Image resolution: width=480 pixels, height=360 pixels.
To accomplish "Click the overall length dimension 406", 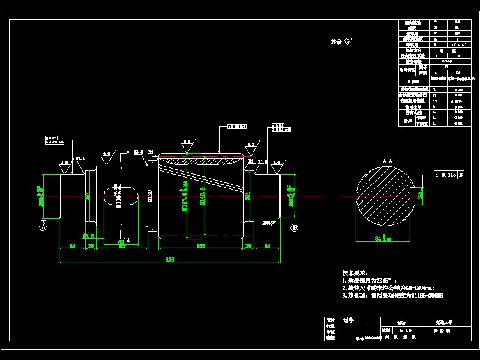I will coord(170,260).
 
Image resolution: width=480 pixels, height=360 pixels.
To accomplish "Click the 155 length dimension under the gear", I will coord(200,245).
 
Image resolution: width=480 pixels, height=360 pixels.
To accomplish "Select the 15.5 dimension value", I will coord(88,236).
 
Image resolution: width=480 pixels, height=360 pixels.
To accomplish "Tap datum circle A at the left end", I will coord(43,227).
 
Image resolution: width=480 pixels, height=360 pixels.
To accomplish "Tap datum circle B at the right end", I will coord(295,227).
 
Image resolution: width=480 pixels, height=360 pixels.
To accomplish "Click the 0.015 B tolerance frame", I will coord(449,175).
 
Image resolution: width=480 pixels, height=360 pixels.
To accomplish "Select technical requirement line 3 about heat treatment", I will coord(392,295).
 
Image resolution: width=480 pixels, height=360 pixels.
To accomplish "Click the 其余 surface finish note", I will coord(341,42).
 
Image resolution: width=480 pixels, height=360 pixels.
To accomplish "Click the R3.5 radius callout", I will coord(137,152).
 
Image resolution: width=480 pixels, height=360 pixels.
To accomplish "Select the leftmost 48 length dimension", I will coord(72,245).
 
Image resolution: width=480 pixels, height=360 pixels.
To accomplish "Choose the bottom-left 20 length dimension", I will coord(91,245).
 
